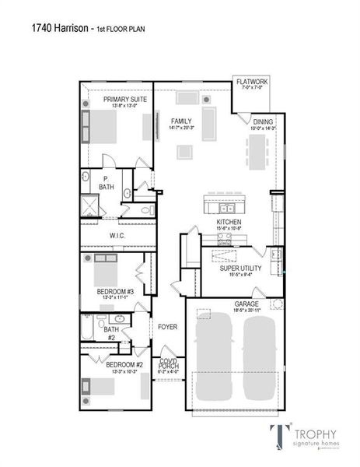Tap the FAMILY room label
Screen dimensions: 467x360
(182, 121)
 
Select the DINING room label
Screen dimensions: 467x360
(264, 121)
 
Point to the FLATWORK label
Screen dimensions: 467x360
(253, 80)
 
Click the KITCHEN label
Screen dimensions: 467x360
(229, 223)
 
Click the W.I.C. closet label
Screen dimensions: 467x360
(117, 235)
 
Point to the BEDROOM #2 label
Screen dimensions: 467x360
(124, 364)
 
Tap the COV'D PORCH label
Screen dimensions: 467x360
(169, 364)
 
